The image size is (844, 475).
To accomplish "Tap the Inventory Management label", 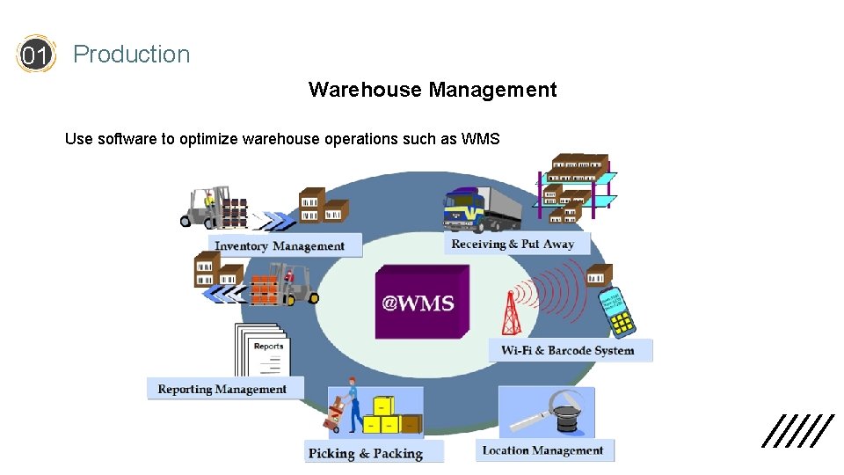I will click(280, 245).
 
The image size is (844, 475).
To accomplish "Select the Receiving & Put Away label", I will click(513, 244).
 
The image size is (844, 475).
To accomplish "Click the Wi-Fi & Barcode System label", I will click(568, 350).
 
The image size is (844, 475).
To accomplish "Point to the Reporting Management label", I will click(222, 389).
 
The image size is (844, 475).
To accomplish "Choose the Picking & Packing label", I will click(366, 453).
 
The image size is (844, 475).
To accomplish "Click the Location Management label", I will click(542, 450).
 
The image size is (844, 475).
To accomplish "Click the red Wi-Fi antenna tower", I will click(510, 312).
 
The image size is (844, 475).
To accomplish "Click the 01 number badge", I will click(35, 55).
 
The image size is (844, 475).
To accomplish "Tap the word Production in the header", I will click(131, 55).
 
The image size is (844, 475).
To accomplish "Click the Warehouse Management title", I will click(433, 90).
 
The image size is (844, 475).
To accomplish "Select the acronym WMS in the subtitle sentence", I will click(480, 139).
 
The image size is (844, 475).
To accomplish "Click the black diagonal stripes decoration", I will click(797, 431).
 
